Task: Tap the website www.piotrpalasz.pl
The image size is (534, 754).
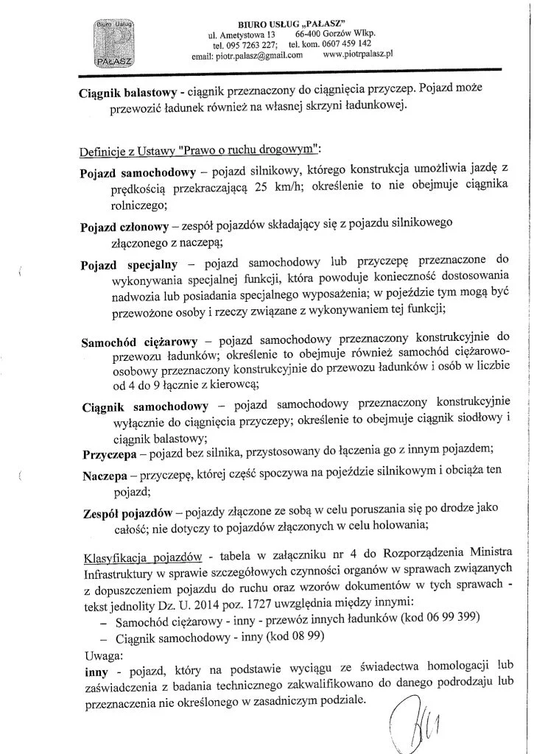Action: click(359, 54)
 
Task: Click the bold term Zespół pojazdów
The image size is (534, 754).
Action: click(126, 512)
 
